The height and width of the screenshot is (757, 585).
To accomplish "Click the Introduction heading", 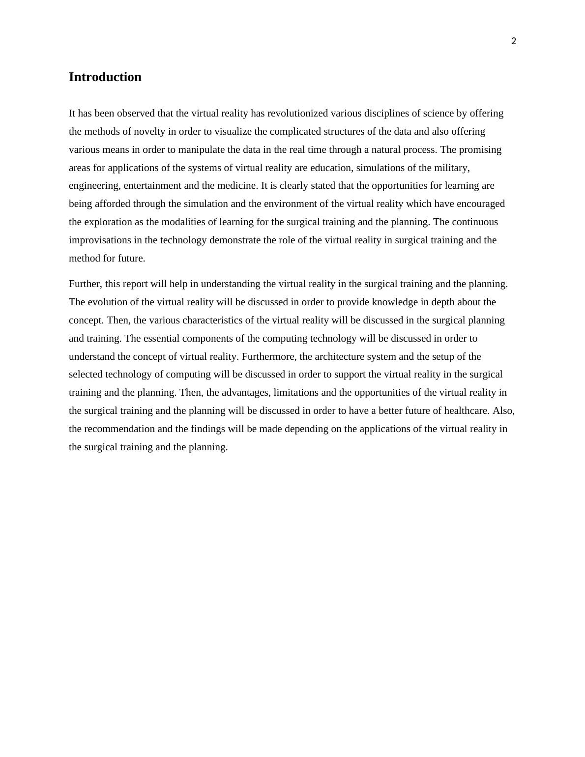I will [105, 77].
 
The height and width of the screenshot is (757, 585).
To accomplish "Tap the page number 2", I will [514, 41].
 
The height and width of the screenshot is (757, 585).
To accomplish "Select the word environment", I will [294, 204].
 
